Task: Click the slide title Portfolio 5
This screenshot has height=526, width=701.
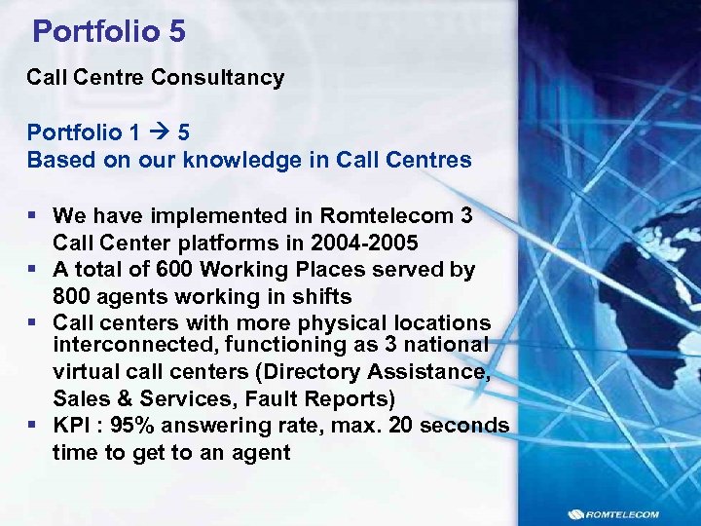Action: pyautogui.click(x=109, y=31)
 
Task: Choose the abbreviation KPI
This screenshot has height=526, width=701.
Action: pyautogui.click(x=72, y=426)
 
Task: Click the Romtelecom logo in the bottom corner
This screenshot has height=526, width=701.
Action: pyautogui.click(x=612, y=513)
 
